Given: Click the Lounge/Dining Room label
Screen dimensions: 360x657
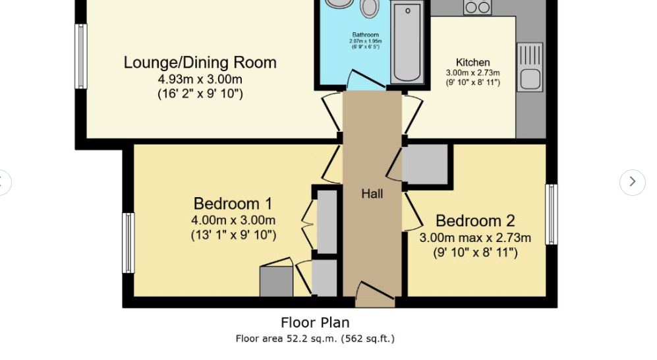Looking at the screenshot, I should tap(200, 63).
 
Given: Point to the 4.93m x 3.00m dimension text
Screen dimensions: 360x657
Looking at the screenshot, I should tap(200, 79).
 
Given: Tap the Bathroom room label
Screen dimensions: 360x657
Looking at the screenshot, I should tap(365, 34).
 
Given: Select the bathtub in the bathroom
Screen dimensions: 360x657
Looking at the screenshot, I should tap(407, 42).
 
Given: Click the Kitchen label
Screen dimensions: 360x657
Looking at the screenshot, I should tap(472, 63).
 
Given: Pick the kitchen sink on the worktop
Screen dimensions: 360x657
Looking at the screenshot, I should tap(529, 67).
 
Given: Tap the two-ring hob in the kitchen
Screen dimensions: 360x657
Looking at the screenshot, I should tap(476, 7).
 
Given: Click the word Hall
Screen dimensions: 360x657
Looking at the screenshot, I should tap(372, 194).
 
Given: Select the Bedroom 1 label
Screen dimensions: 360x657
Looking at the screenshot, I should tap(233, 203).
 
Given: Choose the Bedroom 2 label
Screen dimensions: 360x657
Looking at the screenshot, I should tap(474, 221).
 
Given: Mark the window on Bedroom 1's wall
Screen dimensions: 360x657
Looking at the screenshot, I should tap(129, 243).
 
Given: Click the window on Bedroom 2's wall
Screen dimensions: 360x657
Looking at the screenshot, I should tap(551, 214).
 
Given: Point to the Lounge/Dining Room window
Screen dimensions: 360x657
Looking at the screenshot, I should tap(80, 56).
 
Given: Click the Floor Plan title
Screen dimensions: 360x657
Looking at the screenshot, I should tap(315, 322).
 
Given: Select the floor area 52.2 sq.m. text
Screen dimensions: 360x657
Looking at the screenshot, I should tap(315, 339).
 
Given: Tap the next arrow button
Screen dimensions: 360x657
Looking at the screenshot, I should tap(632, 181).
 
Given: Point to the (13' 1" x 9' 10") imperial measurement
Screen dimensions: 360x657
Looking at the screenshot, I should tap(233, 235).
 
